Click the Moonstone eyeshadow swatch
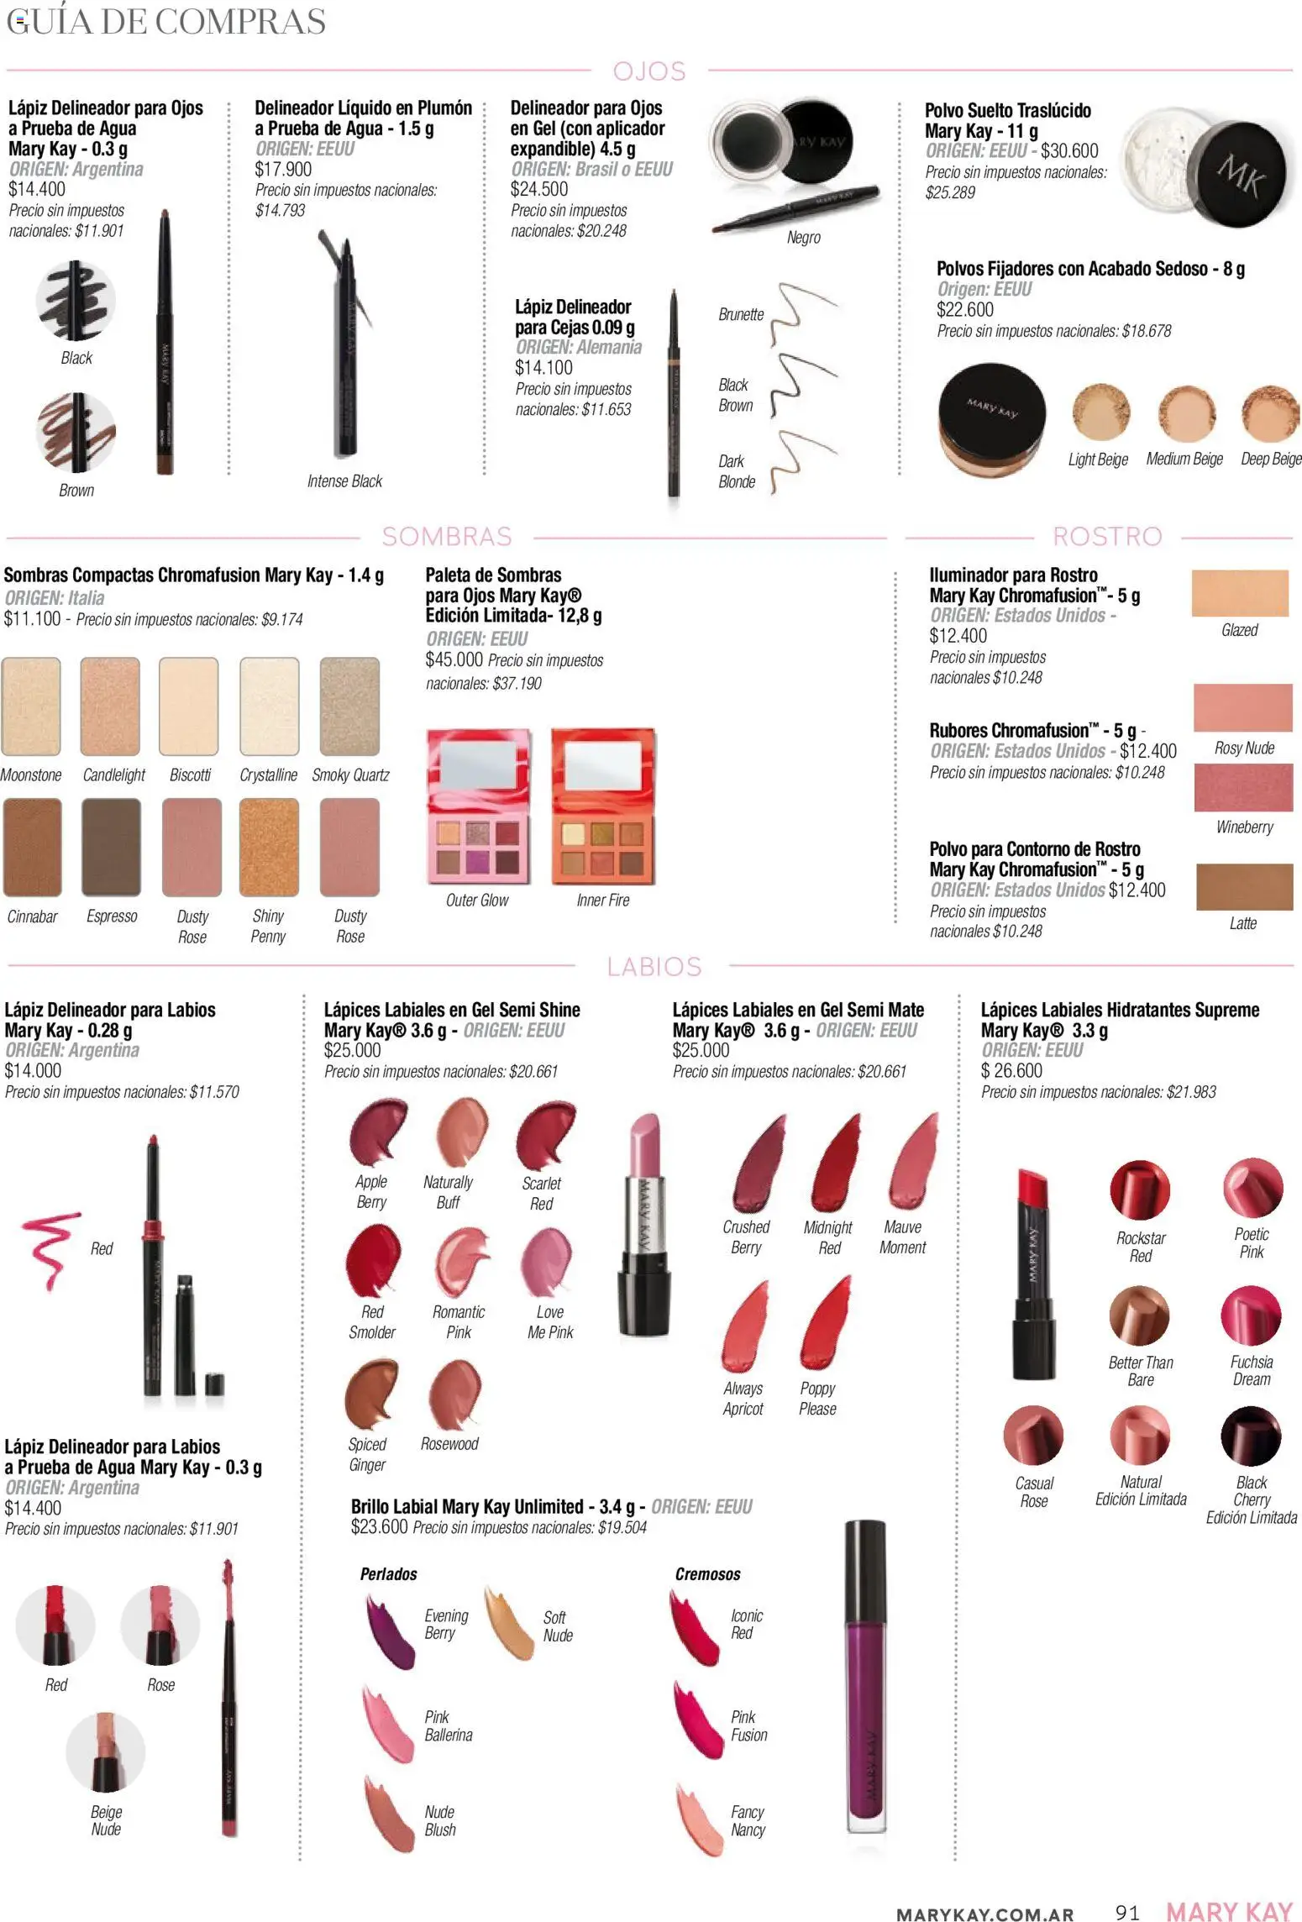[x=31, y=706]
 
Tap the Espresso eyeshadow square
[x=111, y=848]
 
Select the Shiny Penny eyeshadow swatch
[x=269, y=848]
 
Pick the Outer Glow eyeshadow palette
[x=479, y=807]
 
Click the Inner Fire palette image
[x=603, y=807]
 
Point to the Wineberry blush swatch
[x=1243, y=788]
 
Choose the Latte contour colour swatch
[x=1244, y=887]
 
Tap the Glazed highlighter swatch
[x=1240, y=593]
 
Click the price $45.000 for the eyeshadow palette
[x=454, y=660]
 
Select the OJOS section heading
[x=649, y=71]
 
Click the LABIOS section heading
[x=654, y=967]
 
